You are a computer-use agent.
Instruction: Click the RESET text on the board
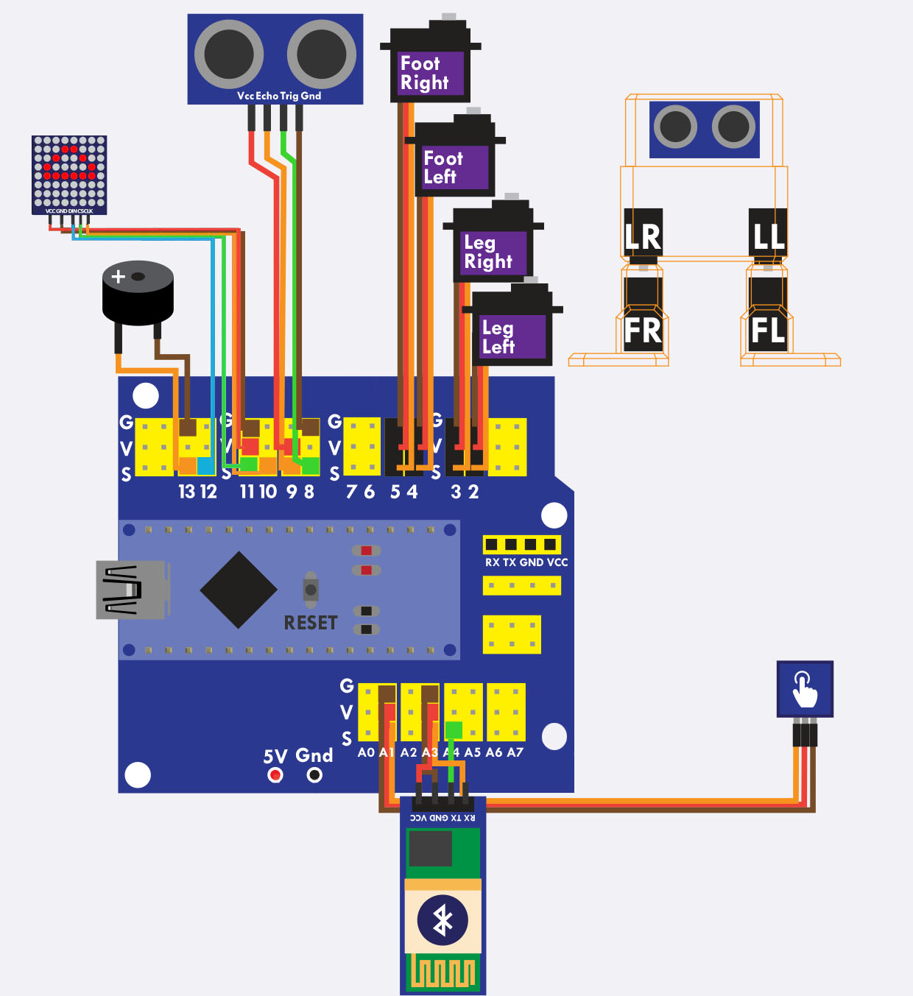311,623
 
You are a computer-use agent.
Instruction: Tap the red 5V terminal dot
275,774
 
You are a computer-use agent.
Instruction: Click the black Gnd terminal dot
314,774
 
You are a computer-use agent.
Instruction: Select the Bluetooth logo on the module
443,919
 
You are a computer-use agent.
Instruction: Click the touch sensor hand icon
805,688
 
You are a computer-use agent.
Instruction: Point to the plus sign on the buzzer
118,277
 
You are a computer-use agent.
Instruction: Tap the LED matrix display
69,172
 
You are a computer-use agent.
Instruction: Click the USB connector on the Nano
131,589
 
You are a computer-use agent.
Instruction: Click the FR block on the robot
643,331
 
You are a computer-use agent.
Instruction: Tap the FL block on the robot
767,331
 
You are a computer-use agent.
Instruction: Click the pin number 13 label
186,492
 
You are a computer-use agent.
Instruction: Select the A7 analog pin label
515,752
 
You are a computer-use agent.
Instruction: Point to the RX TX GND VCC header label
526,562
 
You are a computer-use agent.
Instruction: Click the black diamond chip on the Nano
239,590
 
